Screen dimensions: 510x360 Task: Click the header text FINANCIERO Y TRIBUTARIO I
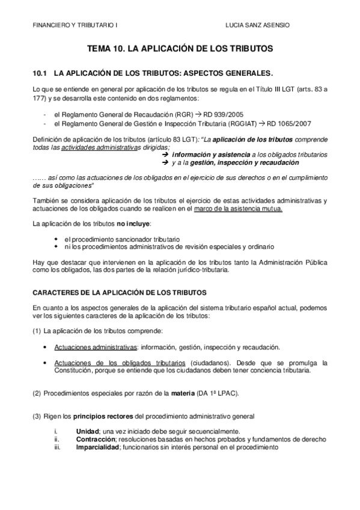click(x=75, y=25)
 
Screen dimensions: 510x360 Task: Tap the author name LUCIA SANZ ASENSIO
click(x=256, y=25)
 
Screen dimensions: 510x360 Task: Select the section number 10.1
click(x=40, y=73)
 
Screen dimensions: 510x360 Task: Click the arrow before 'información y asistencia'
click(x=166, y=155)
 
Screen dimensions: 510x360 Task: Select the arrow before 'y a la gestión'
click(x=166, y=162)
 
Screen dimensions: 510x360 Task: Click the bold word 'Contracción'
click(x=96, y=440)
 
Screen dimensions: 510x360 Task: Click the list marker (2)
click(x=37, y=393)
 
